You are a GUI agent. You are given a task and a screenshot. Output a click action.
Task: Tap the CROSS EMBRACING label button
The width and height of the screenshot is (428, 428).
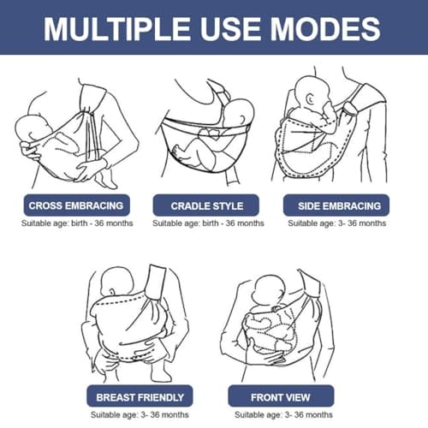[76, 205]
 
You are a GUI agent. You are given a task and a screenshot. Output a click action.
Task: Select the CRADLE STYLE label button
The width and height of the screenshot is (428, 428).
[207, 205]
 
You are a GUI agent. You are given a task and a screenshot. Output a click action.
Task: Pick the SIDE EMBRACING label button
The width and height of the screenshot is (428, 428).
[336, 205]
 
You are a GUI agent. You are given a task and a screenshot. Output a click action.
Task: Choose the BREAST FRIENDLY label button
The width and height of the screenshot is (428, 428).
[140, 397]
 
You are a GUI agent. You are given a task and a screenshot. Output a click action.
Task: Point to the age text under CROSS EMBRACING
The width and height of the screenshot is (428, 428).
[76, 223]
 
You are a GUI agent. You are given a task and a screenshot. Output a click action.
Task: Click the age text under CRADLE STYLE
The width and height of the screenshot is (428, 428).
[208, 223]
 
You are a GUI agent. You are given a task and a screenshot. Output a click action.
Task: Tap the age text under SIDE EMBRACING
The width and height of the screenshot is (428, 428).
[336, 223]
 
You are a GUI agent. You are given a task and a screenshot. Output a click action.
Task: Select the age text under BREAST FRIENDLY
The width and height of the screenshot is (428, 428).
[140, 415]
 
